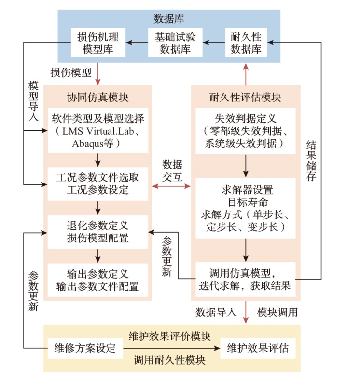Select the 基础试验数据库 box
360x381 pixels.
click(x=175, y=42)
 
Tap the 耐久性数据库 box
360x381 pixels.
click(x=246, y=42)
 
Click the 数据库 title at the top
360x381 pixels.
click(x=169, y=19)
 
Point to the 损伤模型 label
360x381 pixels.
click(x=71, y=73)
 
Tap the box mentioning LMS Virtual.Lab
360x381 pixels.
click(x=98, y=131)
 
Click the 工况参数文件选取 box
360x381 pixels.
click(x=98, y=183)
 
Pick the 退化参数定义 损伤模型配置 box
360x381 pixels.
click(x=98, y=232)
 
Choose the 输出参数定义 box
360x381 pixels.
click(x=98, y=281)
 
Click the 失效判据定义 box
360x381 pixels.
click(x=245, y=131)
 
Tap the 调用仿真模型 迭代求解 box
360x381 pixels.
click(x=245, y=278)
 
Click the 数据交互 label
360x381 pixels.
click(x=172, y=169)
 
